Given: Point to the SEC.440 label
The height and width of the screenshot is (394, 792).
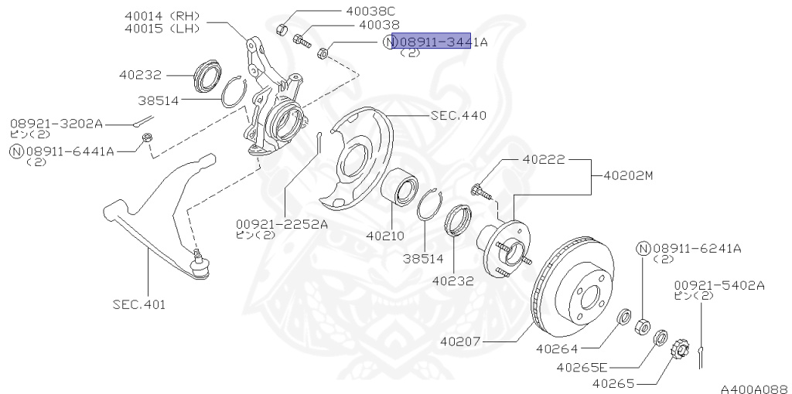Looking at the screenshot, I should pos(458,116).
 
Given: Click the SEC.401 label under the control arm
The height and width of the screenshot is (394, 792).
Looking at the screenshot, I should pos(138,304).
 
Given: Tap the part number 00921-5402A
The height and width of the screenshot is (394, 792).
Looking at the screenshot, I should pos(719,285).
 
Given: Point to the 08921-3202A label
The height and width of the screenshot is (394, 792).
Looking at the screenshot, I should pos(56,124).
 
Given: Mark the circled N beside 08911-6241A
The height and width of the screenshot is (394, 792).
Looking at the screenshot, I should pos(643,248).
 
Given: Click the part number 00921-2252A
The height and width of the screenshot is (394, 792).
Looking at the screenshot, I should pos(282,224).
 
